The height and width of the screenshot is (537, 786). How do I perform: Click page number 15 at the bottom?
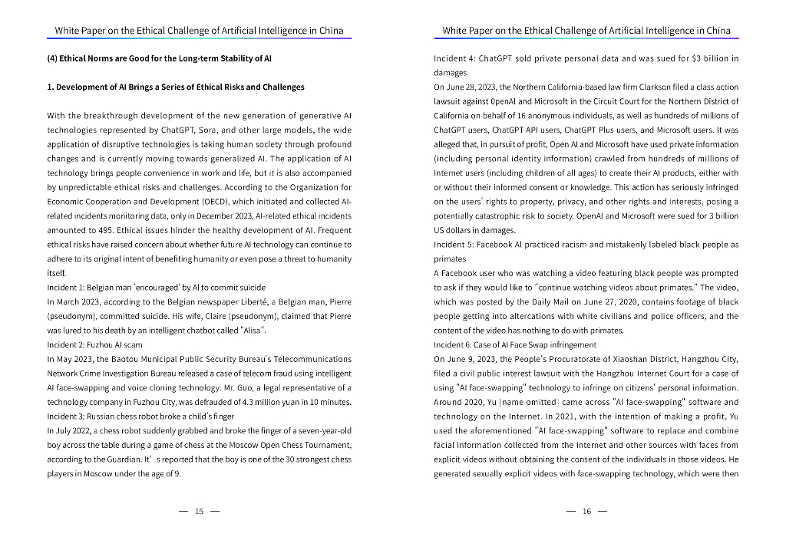pos(199,512)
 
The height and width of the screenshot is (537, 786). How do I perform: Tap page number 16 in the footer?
pos(586,512)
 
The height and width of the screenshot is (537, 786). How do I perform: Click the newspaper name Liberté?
pos(253,301)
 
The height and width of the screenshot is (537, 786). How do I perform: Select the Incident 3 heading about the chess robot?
pos(140,417)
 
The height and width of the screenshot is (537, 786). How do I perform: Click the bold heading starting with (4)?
pos(159,58)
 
